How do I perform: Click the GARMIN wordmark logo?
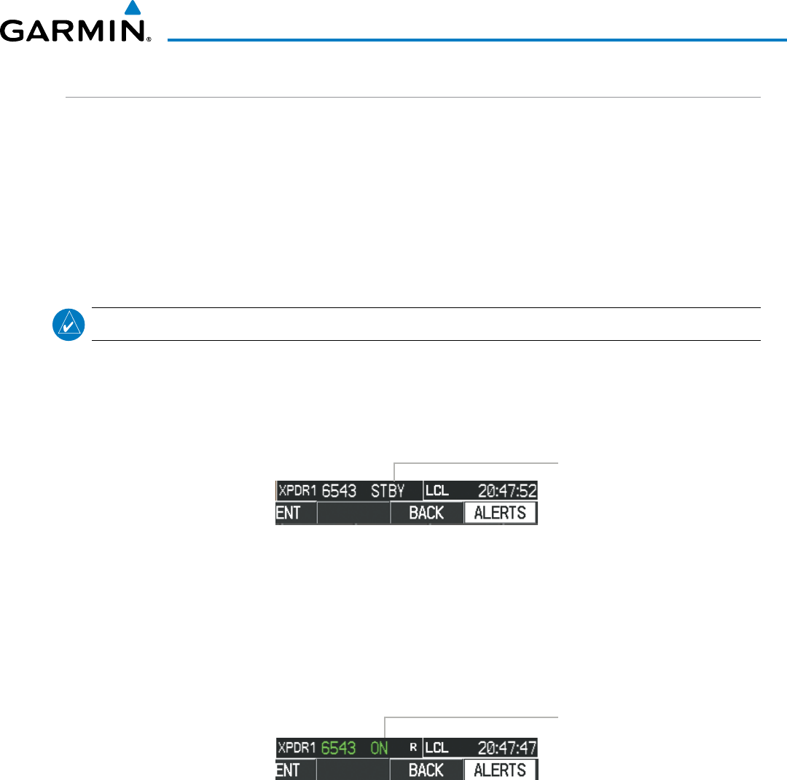76,32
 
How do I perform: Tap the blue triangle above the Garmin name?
131,9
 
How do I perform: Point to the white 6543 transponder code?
340,491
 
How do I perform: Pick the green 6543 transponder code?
338,747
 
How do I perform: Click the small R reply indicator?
412,747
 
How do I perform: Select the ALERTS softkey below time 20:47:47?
500,770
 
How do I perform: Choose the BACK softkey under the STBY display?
426,513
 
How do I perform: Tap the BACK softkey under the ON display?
426,770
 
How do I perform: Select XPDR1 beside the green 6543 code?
297,747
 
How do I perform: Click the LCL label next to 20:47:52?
437,491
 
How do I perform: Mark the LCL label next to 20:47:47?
437,747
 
